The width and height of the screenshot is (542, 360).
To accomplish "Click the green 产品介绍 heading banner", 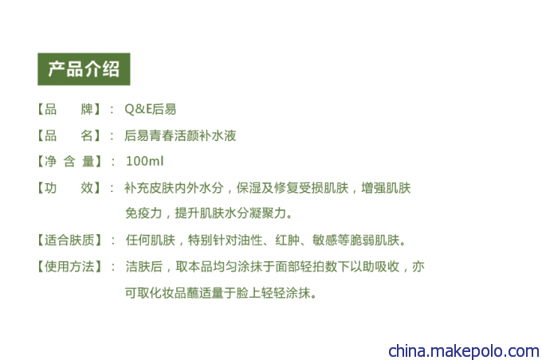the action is coord(84,69).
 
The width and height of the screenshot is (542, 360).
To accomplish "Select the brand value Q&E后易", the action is coord(151,109).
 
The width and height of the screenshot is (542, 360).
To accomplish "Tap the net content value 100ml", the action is coord(144,161).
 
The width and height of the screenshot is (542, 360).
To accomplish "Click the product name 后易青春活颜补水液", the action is coord(180,135).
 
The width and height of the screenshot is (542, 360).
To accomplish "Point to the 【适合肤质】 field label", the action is coord(69,240).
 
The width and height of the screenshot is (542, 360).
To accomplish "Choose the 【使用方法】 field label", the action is coord(69,266).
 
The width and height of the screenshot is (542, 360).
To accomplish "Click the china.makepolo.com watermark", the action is coord(464,351).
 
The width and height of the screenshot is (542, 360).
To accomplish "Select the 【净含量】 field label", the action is coord(69,162).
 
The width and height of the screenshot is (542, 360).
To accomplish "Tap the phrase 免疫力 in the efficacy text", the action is coord(143,213).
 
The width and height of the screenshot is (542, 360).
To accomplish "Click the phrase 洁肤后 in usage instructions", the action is coord(144,266).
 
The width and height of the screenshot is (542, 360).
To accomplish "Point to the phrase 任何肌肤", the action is coord(151,240).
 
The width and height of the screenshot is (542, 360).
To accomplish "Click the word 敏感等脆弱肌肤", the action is coord(356,240).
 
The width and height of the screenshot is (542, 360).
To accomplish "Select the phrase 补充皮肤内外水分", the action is coord(175,188).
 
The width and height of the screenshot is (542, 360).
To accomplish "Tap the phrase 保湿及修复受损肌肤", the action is coord(293,188).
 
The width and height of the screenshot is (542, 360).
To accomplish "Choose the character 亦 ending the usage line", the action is coord(418,266).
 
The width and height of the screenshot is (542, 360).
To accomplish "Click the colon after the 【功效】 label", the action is coord(112,188).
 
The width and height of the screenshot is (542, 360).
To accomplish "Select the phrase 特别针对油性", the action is coord(226,240).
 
